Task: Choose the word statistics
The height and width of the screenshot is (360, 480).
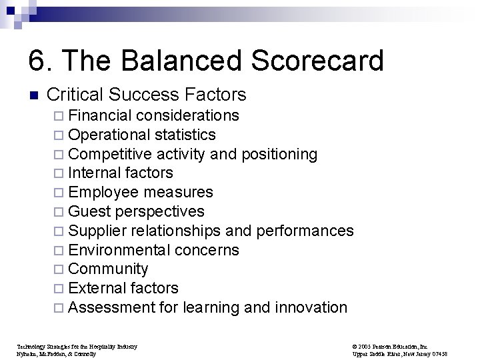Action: pyautogui.click(x=185, y=135)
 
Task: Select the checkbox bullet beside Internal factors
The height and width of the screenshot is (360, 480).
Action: pyautogui.click(x=60, y=173)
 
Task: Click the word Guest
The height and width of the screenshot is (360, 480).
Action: pyautogui.click(x=90, y=212)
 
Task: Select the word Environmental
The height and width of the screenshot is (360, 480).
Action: pyautogui.click(x=119, y=250)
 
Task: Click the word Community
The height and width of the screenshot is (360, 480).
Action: pyautogui.click(x=108, y=269)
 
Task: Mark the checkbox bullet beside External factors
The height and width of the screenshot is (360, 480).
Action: pyautogui.click(x=60, y=289)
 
